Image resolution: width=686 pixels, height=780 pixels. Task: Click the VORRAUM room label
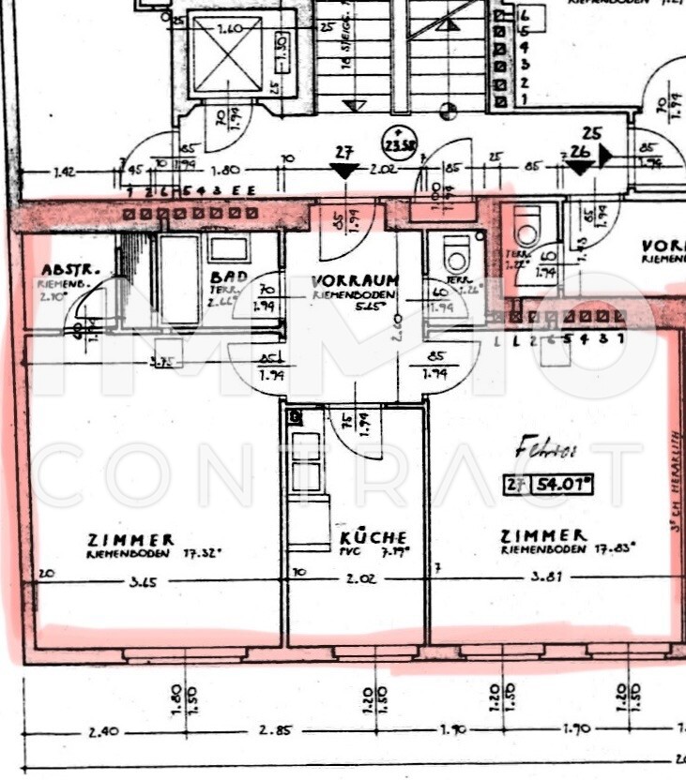355,279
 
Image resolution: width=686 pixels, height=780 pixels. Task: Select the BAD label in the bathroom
229,277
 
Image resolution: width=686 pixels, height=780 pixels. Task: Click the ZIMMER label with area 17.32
130,540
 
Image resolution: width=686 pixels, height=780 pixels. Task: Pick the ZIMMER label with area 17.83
543,535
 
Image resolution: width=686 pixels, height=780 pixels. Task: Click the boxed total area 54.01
562,485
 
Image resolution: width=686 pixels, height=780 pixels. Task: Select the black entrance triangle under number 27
344,171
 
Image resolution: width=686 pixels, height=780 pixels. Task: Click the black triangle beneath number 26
579,168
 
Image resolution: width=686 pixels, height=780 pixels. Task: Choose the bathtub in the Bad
178,279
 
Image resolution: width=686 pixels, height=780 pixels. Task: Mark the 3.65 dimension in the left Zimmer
144,580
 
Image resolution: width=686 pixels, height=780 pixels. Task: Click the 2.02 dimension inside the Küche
360,579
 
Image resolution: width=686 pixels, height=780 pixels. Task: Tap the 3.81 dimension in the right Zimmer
547,577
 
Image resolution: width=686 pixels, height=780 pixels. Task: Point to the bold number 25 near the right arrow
590,133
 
